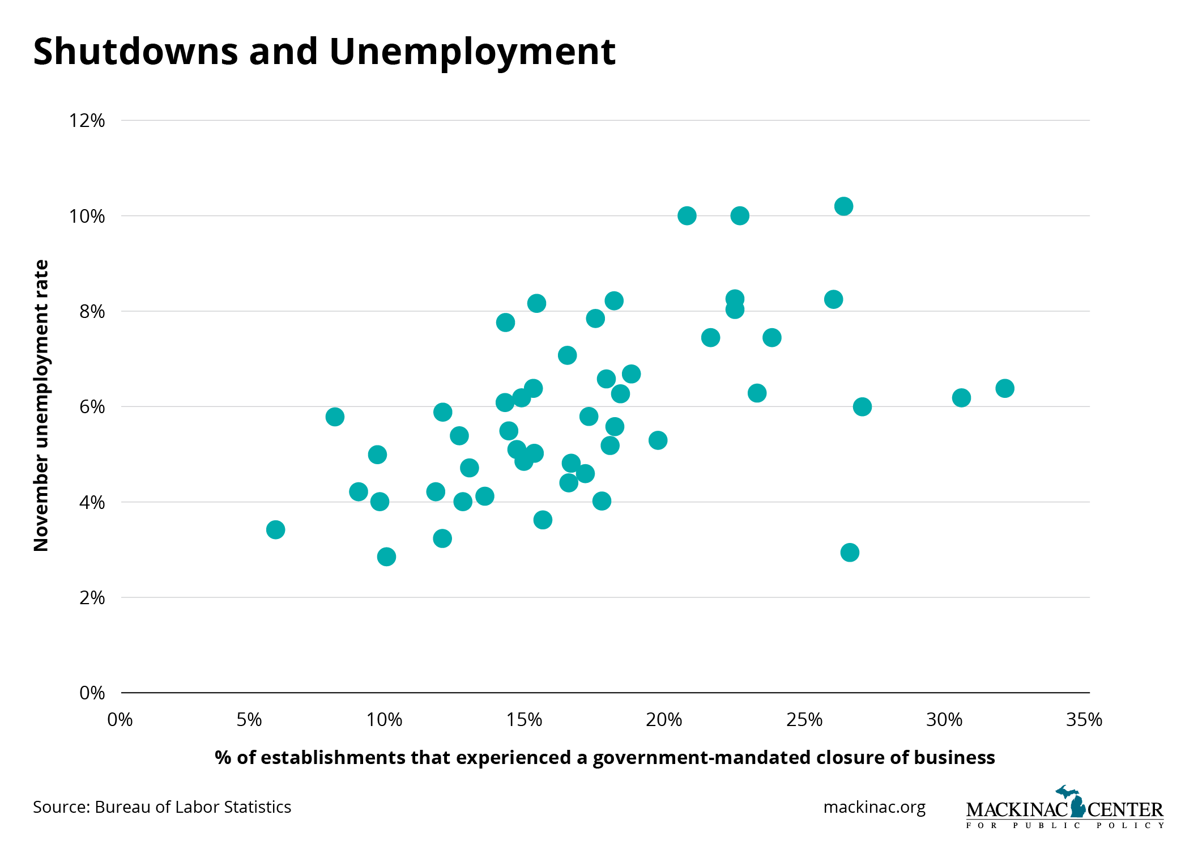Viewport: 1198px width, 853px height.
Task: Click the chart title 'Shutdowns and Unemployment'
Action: click(324, 52)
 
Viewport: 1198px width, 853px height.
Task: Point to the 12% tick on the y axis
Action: click(87, 121)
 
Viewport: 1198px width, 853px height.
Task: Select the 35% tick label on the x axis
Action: click(1084, 720)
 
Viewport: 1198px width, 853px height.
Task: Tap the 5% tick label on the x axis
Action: click(249, 720)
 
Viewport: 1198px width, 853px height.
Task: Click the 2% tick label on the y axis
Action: click(92, 597)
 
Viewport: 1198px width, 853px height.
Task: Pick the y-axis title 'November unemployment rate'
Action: click(41, 405)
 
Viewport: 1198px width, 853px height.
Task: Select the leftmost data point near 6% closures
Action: click(275, 530)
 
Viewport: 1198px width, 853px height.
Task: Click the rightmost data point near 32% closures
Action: click(1005, 389)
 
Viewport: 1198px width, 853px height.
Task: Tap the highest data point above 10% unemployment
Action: click(843, 206)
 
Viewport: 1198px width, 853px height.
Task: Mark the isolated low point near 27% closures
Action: click(850, 552)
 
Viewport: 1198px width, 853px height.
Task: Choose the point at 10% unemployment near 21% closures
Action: click(687, 216)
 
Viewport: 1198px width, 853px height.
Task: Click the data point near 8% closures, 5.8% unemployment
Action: click(335, 417)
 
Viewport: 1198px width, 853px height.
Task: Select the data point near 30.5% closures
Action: click(961, 398)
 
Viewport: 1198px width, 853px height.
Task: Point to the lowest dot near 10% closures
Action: click(386, 557)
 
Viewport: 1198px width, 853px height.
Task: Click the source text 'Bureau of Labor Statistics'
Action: click(193, 807)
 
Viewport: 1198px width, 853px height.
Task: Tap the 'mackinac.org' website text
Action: click(875, 807)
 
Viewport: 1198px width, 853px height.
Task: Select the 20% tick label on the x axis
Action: click(664, 720)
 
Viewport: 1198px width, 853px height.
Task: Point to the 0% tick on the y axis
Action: click(92, 693)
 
